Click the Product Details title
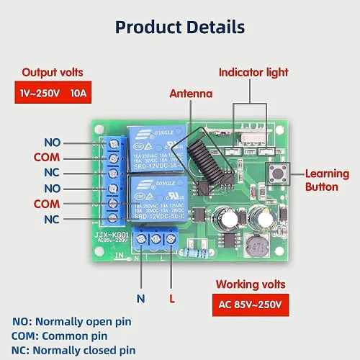180,27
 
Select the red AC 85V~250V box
250,305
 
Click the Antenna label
191,94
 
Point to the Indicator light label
253,73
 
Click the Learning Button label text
327,180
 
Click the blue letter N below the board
141,297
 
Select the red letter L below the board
171,297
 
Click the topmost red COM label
46,157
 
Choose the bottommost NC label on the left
52,219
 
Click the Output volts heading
52,73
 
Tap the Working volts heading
251,285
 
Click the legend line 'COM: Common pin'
59,336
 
